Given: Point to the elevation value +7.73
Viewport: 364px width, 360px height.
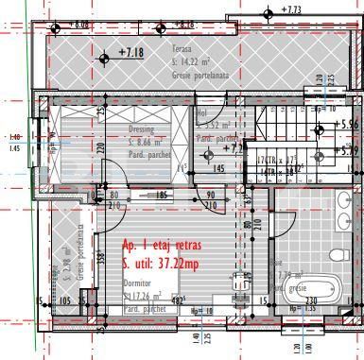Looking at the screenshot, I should [291, 10].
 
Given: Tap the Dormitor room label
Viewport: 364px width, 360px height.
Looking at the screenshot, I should [138, 284].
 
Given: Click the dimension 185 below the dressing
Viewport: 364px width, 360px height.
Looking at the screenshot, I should [162, 195].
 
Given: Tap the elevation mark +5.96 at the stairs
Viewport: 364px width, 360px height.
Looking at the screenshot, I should [348, 123].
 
